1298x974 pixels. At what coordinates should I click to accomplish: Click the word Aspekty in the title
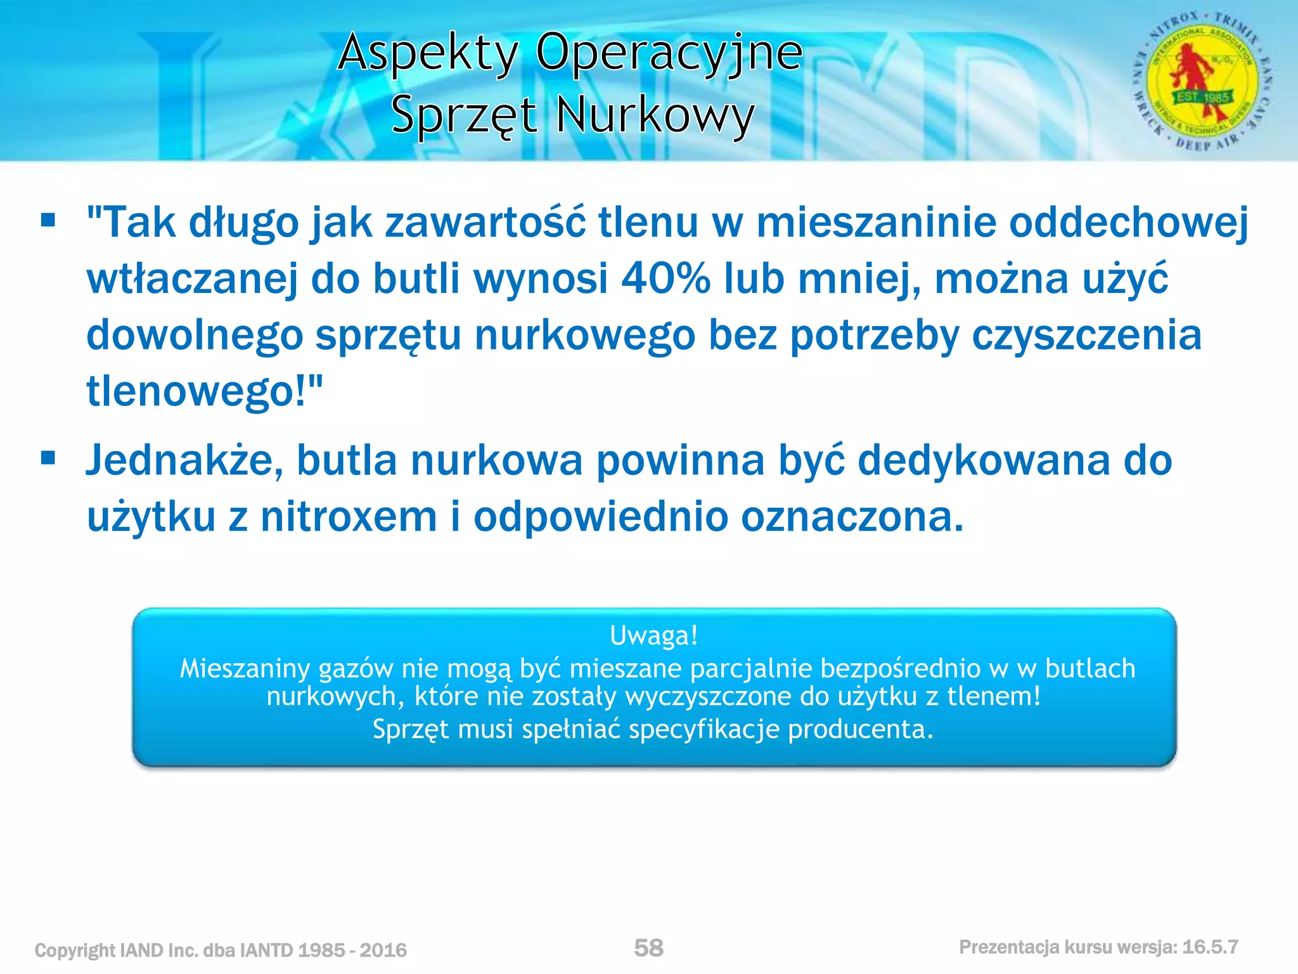[x=428, y=53]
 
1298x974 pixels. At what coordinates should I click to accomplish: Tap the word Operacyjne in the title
[x=669, y=53]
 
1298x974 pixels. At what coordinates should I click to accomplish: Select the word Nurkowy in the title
[x=655, y=115]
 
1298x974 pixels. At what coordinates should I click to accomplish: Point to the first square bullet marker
[x=48, y=221]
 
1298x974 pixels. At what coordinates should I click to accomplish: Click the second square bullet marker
[x=48, y=458]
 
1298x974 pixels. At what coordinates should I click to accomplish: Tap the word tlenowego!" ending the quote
[x=205, y=391]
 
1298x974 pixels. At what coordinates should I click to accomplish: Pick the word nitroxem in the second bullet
[x=349, y=517]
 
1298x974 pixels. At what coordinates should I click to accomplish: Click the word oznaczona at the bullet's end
[x=851, y=517]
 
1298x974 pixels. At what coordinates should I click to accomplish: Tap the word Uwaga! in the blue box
[x=653, y=635]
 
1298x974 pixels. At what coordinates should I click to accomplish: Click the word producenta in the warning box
[x=860, y=729]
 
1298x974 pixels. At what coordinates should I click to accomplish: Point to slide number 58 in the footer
[x=648, y=948]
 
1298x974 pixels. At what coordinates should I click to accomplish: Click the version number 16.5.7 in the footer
[x=1210, y=947]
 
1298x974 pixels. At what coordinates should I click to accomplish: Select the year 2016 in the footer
[x=383, y=951]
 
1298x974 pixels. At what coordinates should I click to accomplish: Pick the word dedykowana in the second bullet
[x=984, y=460]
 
